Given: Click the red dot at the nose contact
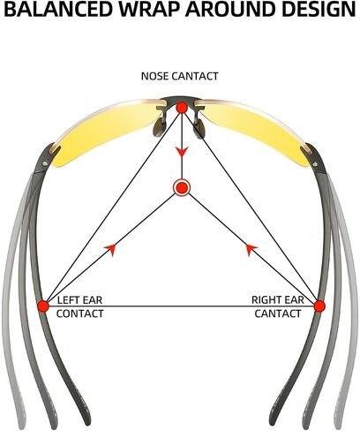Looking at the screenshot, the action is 182,108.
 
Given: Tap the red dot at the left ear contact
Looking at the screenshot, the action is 43,306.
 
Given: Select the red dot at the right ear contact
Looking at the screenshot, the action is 319,306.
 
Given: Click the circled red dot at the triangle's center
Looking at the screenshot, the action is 182,187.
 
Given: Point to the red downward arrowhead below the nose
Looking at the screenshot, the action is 182,152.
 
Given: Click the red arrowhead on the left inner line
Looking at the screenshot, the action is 110,249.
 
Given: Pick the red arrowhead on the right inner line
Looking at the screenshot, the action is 251,249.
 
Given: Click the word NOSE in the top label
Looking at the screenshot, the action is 155,76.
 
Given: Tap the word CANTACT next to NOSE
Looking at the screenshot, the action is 195,76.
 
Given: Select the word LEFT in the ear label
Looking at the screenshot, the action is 68,300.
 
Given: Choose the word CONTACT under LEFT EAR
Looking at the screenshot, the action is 80,314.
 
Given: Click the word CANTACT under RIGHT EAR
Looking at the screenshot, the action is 278,314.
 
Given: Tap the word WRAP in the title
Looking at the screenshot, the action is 149,9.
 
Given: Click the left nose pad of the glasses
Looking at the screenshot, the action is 160,126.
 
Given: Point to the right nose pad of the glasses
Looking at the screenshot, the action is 200,127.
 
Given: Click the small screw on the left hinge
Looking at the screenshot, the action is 44,163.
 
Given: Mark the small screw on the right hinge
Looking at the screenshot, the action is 315,164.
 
